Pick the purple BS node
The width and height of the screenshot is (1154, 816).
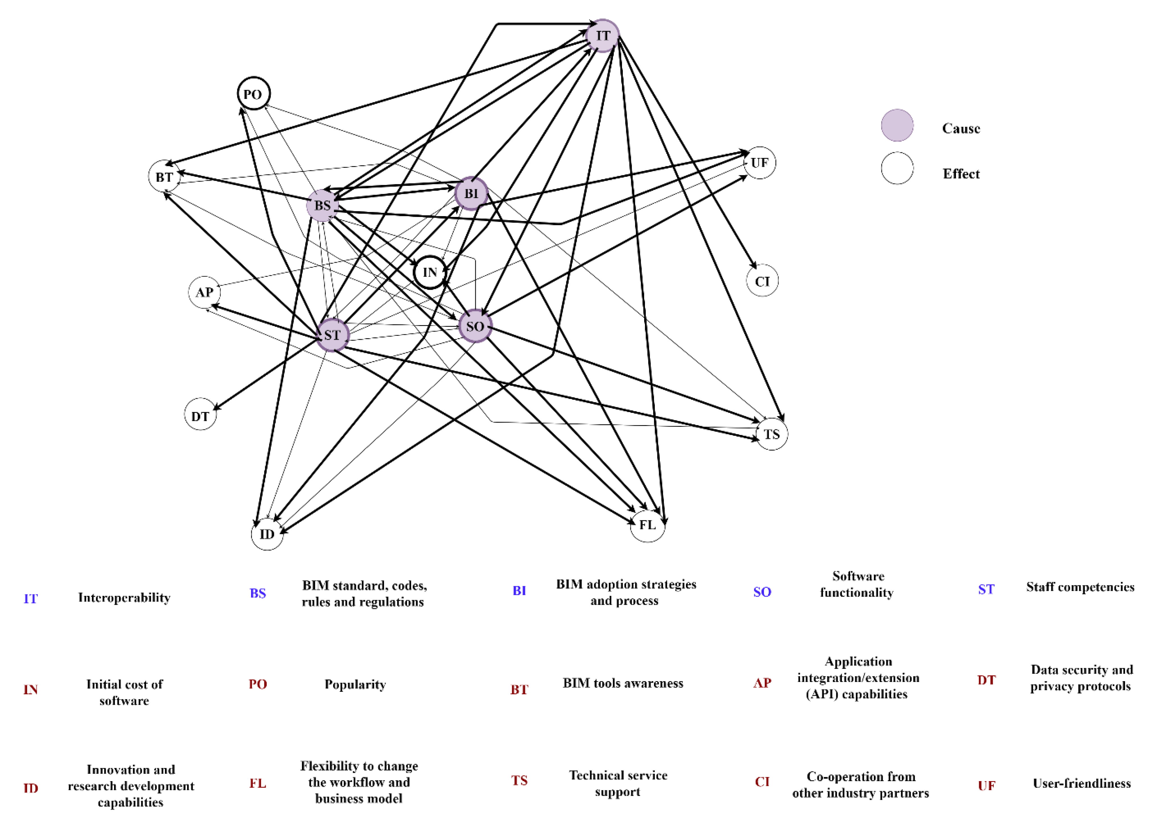coord(322,205)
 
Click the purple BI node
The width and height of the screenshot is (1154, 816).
coord(471,193)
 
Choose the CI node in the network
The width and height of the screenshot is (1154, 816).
coord(762,281)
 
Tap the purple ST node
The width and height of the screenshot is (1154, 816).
coord(332,335)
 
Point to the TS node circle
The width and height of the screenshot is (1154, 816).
coord(771,434)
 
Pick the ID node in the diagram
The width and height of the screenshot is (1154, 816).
coord(267,534)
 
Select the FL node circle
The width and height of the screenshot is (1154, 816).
coord(647,525)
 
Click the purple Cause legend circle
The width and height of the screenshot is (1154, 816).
coord(897,126)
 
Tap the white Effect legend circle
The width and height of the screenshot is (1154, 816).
coord(897,168)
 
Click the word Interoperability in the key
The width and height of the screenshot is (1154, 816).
coord(124,597)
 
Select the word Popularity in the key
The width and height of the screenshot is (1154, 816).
coord(355,684)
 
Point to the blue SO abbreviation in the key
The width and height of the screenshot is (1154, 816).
coord(762,592)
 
